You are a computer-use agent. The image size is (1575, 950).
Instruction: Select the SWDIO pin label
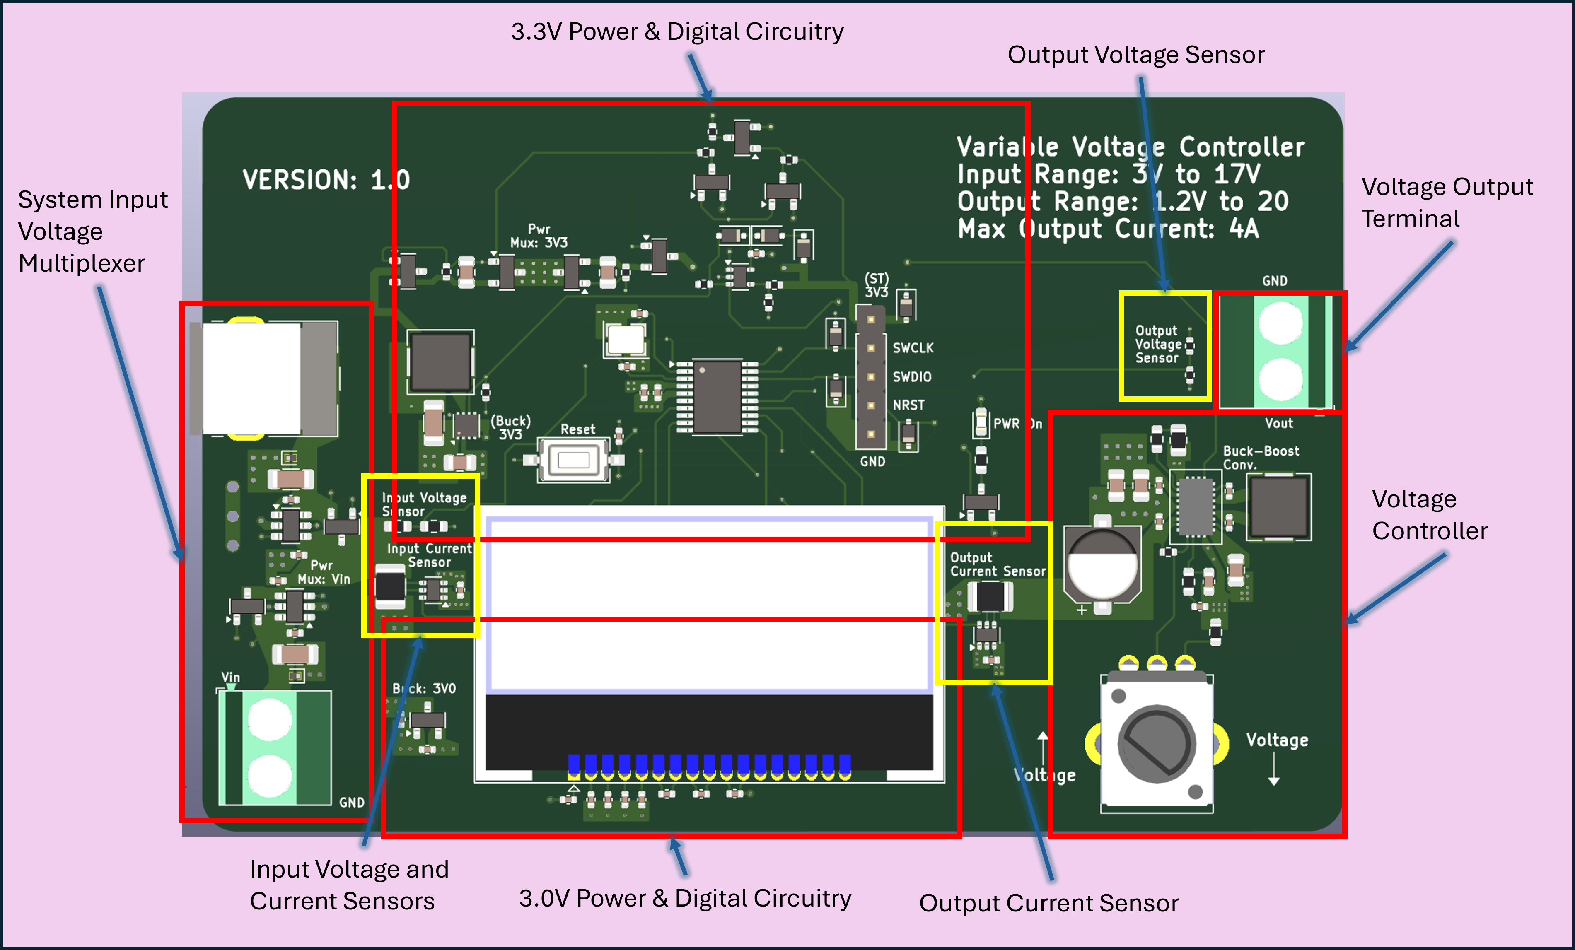[911, 377]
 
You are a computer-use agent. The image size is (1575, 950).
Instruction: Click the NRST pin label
[908, 405]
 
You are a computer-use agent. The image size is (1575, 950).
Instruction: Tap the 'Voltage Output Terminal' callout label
[1447, 203]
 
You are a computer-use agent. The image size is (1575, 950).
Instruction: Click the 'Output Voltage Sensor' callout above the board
[1136, 55]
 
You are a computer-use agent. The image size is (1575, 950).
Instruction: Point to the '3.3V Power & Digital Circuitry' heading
[677, 32]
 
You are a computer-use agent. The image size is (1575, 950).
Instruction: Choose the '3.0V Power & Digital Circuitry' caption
[685, 898]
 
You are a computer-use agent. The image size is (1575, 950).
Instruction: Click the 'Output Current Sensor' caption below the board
[1048, 903]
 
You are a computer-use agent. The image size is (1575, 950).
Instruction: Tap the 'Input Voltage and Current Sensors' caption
[348, 885]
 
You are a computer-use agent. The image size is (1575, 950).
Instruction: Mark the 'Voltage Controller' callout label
[1429, 515]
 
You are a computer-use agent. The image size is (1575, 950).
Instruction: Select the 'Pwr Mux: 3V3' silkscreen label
[539, 236]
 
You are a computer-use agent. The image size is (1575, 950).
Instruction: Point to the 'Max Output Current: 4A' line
[1108, 229]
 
